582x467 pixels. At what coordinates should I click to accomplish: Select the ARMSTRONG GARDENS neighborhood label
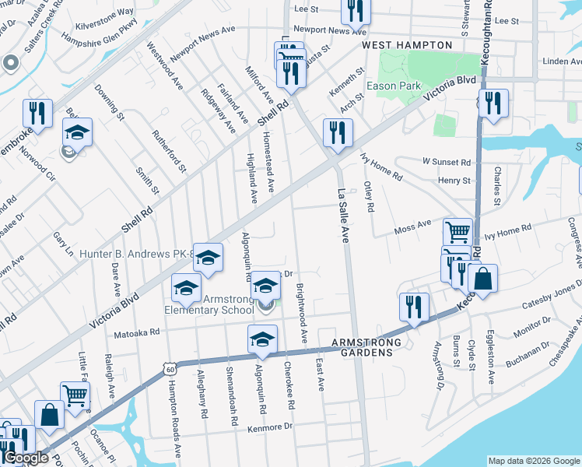click(366, 342)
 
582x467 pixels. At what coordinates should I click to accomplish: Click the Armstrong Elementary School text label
click(209, 304)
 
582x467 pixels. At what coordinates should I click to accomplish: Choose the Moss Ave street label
click(412, 226)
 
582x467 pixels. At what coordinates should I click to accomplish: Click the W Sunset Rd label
click(447, 163)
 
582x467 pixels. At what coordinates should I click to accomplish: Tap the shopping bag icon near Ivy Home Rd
click(482, 279)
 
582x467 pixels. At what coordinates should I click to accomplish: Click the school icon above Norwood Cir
click(78, 132)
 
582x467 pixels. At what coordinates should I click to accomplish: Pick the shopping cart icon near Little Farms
click(75, 395)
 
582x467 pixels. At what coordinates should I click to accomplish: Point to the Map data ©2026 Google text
click(533, 461)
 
